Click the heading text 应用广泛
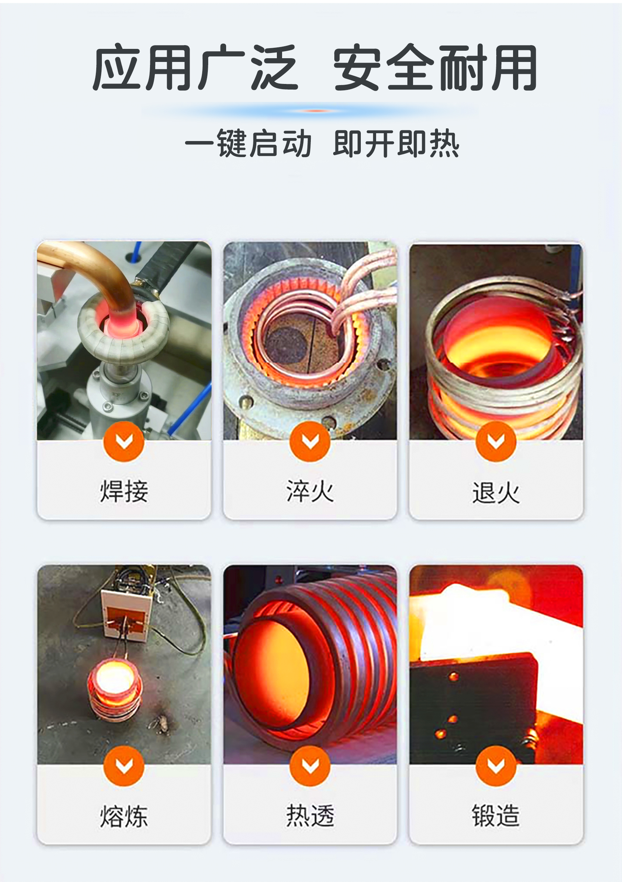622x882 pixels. (x=195, y=67)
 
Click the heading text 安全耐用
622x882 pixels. (x=435, y=67)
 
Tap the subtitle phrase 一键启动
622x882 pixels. (x=248, y=143)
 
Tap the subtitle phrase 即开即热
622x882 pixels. (x=396, y=143)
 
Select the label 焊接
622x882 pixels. (x=124, y=491)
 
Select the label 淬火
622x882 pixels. (x=310, y=491)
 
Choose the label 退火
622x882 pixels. (x=496, y=492)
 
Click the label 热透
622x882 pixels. (x=310, y=815)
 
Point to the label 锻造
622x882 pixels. (x=496, y=815)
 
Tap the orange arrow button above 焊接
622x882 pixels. (x=124, y=441)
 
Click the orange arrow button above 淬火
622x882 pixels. (x=310, y=441)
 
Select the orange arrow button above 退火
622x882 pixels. (x=496, y=441)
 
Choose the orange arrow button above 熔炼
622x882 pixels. (x=124, y=766)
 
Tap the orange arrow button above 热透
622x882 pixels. (x=310, y=766)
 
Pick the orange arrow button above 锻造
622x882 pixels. (x=496, y=766)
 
